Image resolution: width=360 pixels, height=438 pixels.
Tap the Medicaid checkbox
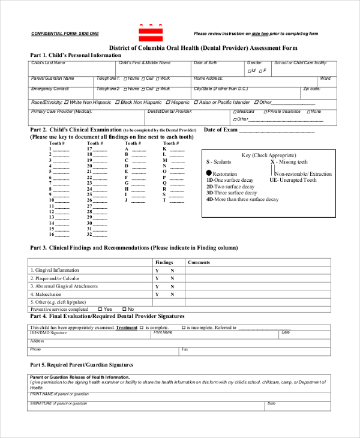(235, 112)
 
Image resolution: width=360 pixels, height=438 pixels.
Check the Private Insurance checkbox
(265, 112)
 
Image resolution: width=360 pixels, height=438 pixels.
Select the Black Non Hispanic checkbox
(118, 102)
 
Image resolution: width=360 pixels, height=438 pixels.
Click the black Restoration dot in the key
(209, 173)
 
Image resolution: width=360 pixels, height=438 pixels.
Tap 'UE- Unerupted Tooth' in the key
(293, 180)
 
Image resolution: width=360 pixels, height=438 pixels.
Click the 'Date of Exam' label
(221, 130)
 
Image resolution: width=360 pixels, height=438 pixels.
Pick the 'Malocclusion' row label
(49, 294)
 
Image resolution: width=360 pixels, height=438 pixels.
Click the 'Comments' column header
(199, 262)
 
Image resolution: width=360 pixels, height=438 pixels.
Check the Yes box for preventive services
(100, 309)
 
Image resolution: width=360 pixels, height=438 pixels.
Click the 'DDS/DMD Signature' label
(49, 332)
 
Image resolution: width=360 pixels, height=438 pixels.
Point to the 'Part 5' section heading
(82, 364)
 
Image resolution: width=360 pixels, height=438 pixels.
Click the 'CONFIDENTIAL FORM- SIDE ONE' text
(65, 34)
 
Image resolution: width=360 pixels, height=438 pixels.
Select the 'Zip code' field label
(311, 88)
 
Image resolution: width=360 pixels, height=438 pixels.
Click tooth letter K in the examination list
(164, 149)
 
